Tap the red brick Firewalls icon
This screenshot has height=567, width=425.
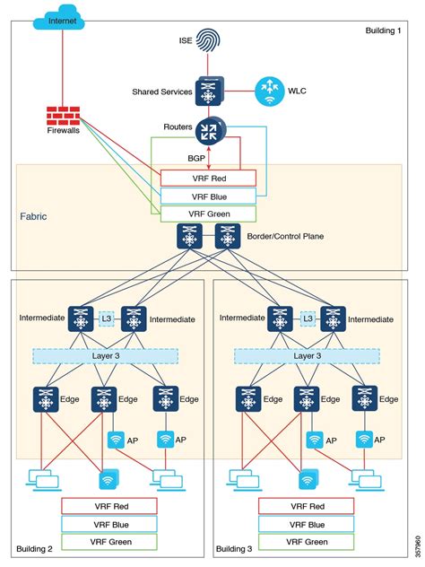(x=63, y=117)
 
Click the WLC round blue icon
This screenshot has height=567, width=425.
(x=269, y=89)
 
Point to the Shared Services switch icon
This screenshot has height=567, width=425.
(x=208, y=92)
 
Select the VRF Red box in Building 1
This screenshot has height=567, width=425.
(x=208, y=178)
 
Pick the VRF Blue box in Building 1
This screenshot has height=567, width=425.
(x=208, y=196)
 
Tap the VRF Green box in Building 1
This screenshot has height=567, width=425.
(x=208, y=214)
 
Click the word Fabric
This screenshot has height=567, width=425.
(x=33, y=217)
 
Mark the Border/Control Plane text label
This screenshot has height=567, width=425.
(x=297, y=236)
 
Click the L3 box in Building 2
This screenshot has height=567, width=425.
(x=107, y=318)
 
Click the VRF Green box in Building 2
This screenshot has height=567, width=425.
(x=108, y=542)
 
